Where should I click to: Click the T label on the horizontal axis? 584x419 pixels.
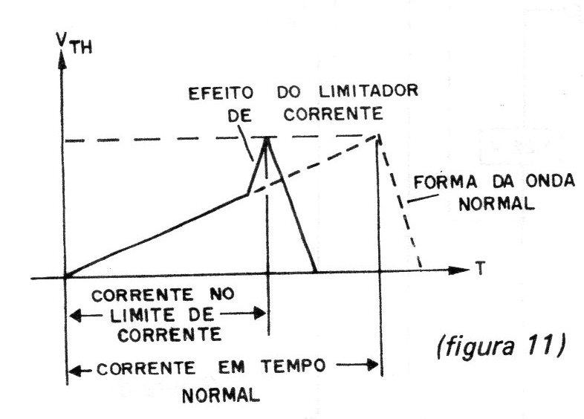click(481, 268)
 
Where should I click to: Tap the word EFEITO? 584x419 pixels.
click(221, 94)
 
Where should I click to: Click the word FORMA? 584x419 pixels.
click(446, 183)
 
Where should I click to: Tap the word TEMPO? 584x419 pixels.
click(293, 366)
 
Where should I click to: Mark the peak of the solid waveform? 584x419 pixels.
click(266, 138)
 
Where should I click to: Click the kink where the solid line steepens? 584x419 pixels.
click(247, 195)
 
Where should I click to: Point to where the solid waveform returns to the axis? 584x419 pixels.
click(316, 272)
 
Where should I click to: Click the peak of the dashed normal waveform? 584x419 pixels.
click(379, 135)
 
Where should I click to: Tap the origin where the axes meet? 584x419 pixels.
click(65, 276)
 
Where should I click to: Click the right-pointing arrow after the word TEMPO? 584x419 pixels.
click(357, 365)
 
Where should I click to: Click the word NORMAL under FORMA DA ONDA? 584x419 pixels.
click(496, 204)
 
